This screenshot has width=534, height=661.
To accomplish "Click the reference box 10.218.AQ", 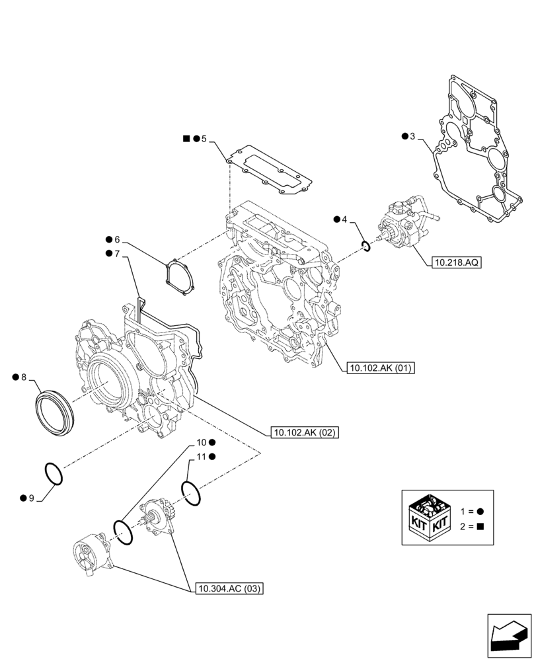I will tap(457, 262).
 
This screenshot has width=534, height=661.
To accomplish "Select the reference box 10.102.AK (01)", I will tap(379, 369).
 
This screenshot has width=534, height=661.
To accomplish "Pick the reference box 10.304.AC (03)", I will tap(229, 588).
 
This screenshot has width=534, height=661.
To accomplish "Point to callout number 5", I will tap(204, 139).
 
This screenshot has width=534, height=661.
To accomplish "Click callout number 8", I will tap(24, 377).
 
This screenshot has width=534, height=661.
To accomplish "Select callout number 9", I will tap(30, 497).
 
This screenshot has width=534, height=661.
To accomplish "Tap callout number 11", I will tap(202, 457).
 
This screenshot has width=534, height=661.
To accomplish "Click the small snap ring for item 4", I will tap(365, 247).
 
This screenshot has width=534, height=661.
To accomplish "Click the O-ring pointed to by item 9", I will tap(54, 473).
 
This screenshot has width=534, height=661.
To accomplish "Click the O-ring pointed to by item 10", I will tap(124, 531).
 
